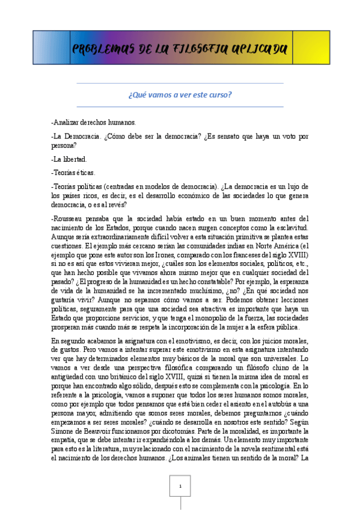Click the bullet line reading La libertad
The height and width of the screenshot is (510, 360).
pyautogui.click(x=69, y=159)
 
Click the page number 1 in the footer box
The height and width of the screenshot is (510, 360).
pyautogui.click(x=180, y=485)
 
